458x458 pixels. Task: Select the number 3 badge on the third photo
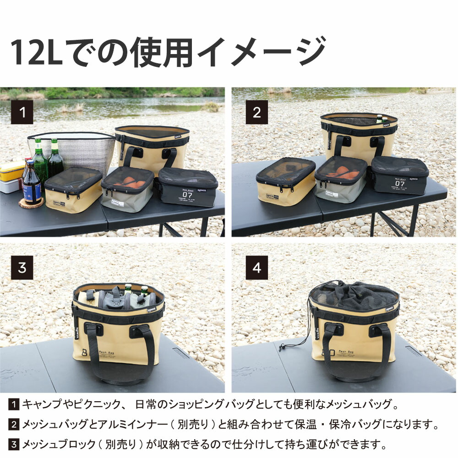(22, 267)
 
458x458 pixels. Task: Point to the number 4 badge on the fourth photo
(257, 267)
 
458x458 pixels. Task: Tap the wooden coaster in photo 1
(31, 203)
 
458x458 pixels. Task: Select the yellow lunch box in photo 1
(12, 170)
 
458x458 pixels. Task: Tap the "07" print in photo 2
(399, 184)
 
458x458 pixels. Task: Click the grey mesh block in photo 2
(341, 181)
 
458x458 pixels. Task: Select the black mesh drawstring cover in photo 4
(353, 295)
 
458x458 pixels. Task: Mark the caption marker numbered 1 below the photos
(15, 404)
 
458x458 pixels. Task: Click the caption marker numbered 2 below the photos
(15, 425)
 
